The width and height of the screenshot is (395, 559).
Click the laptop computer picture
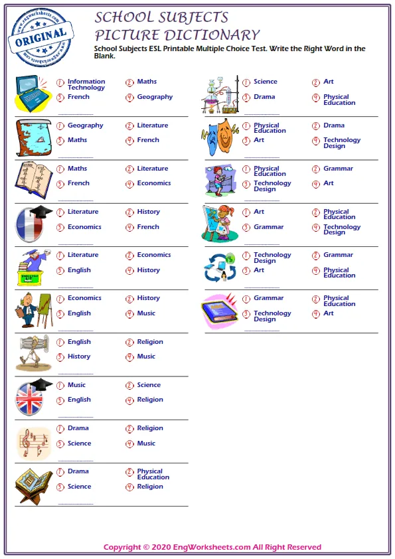(32, 94)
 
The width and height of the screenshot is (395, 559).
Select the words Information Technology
(86, 84)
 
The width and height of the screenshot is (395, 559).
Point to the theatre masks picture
(219, 137)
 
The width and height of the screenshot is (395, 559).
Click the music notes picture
(34, 441)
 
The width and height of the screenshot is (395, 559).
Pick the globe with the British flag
(32, 398)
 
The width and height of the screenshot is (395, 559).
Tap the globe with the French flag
(32, 224)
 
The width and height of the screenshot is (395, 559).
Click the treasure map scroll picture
(34, 137)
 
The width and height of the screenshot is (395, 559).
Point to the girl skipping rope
(220, 180)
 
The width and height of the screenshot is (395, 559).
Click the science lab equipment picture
(220, 94)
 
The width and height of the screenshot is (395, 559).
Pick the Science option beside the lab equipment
(265, 82)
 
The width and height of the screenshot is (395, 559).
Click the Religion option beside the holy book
(149, 487)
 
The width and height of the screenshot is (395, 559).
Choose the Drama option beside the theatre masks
(334, 125)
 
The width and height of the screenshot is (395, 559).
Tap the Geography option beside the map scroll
(85, 125)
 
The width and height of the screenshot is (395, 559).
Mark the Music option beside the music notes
(146, 443)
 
